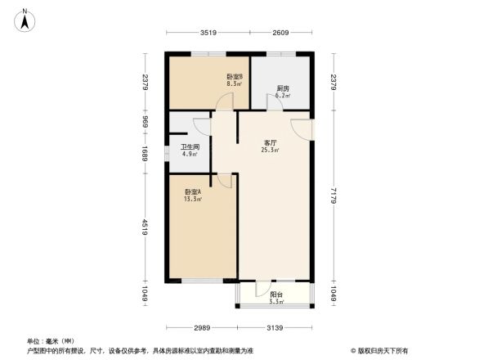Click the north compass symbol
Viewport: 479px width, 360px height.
pyautogui.click(x=26, y=18)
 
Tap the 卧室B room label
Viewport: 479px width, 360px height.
pyautogui.click(x=235, y=78)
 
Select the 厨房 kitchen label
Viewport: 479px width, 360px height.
pyautogui.click(x=281, y=88)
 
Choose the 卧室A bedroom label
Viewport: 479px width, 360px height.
pyautogui.click(x=193, y=191)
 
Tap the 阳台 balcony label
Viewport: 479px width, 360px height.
pyautogui.click(x=276, y=296)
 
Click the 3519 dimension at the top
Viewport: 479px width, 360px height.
pyautogui.click(x=208, y=33)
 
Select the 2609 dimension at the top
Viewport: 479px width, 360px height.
pyautogui.click(x=280, y=33)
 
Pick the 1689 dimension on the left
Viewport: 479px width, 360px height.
pyautogui.click(x=145, y=153)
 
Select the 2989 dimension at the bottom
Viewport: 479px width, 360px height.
pyautogui.click(x=203, y=327)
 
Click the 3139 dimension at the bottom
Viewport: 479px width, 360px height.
pyautogui.click(x=275, y=327)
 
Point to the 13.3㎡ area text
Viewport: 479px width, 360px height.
pyautogui.click(x=193, y=199)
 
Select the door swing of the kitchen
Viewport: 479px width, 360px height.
pyautogui.click(x=272, y=101)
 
